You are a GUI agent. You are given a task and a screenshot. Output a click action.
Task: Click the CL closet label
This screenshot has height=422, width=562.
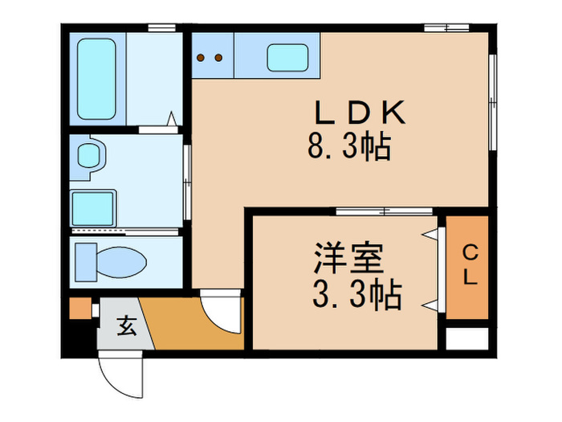click(x=469, y=265)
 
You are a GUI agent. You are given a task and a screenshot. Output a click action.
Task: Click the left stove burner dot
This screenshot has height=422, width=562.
click(x=202, y=57)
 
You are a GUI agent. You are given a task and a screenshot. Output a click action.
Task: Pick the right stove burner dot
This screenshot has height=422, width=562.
click(x=218, y=57)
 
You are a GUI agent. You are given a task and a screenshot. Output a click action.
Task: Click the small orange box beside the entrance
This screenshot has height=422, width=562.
click(x=78, y=308)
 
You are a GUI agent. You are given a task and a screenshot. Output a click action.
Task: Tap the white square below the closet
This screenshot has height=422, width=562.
click(x=466, y=338)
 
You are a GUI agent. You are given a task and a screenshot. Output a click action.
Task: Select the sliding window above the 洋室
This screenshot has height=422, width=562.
click(x=385, y=212)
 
